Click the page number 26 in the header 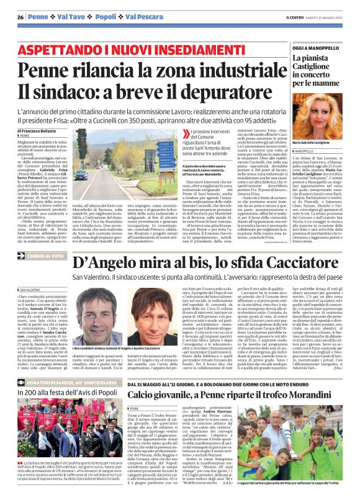20,17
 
